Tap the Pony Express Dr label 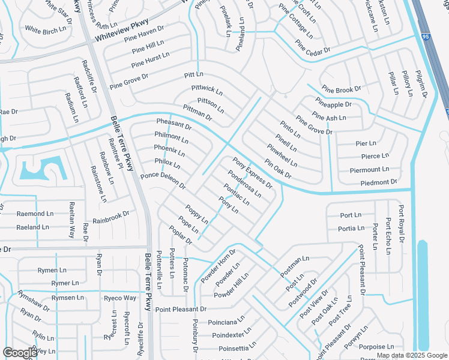point(253,172)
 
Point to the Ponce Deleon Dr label point(163,180)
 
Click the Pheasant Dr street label point(173,125)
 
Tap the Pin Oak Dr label point(277,169)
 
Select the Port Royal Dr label point(401,221)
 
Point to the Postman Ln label point(294,262)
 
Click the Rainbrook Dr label point(111,217)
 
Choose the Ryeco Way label point(119,298)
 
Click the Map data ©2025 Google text point(411,355)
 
